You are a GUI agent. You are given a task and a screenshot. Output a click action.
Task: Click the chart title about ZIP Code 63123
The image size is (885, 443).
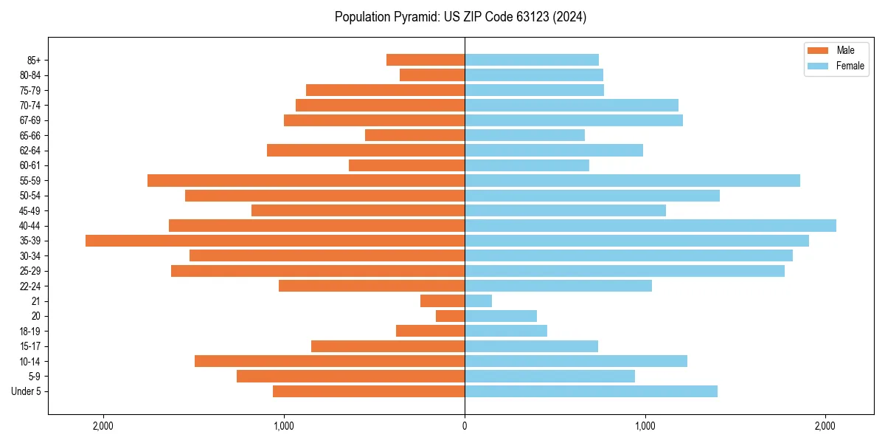pos(460,17)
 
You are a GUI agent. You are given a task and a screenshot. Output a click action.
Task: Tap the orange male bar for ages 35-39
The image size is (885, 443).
pos(275,241)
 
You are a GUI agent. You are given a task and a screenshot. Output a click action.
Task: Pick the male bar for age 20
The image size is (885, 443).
pos(451,316)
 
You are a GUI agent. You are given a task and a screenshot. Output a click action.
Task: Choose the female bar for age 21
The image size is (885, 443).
pos(478,301)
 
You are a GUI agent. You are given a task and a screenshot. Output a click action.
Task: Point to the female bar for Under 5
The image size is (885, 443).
pos(591,391)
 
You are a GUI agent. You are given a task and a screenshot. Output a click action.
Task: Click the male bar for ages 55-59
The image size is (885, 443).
pos(306,181)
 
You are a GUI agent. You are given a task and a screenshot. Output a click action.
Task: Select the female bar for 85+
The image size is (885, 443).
pos(532,60)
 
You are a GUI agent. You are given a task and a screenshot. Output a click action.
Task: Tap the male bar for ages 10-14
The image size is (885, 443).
pos(330,361)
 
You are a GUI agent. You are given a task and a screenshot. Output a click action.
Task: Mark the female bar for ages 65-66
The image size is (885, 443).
pos(524,135)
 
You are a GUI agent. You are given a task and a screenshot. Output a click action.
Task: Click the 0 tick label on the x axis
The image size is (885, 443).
pos(465,426)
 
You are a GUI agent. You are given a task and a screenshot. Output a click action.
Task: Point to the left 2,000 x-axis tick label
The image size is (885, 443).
pos(103,426)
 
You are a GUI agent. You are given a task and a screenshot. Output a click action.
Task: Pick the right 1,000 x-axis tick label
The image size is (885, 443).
pos(645,426)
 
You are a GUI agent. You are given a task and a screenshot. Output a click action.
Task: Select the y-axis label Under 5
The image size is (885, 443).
pos(26,391)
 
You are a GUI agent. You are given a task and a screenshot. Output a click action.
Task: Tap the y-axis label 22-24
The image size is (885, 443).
pos(29,286)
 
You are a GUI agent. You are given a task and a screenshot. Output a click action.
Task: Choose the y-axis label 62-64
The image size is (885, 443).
pos(29,151)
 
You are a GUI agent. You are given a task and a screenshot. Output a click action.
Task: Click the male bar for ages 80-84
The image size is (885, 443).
pos(432,75)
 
